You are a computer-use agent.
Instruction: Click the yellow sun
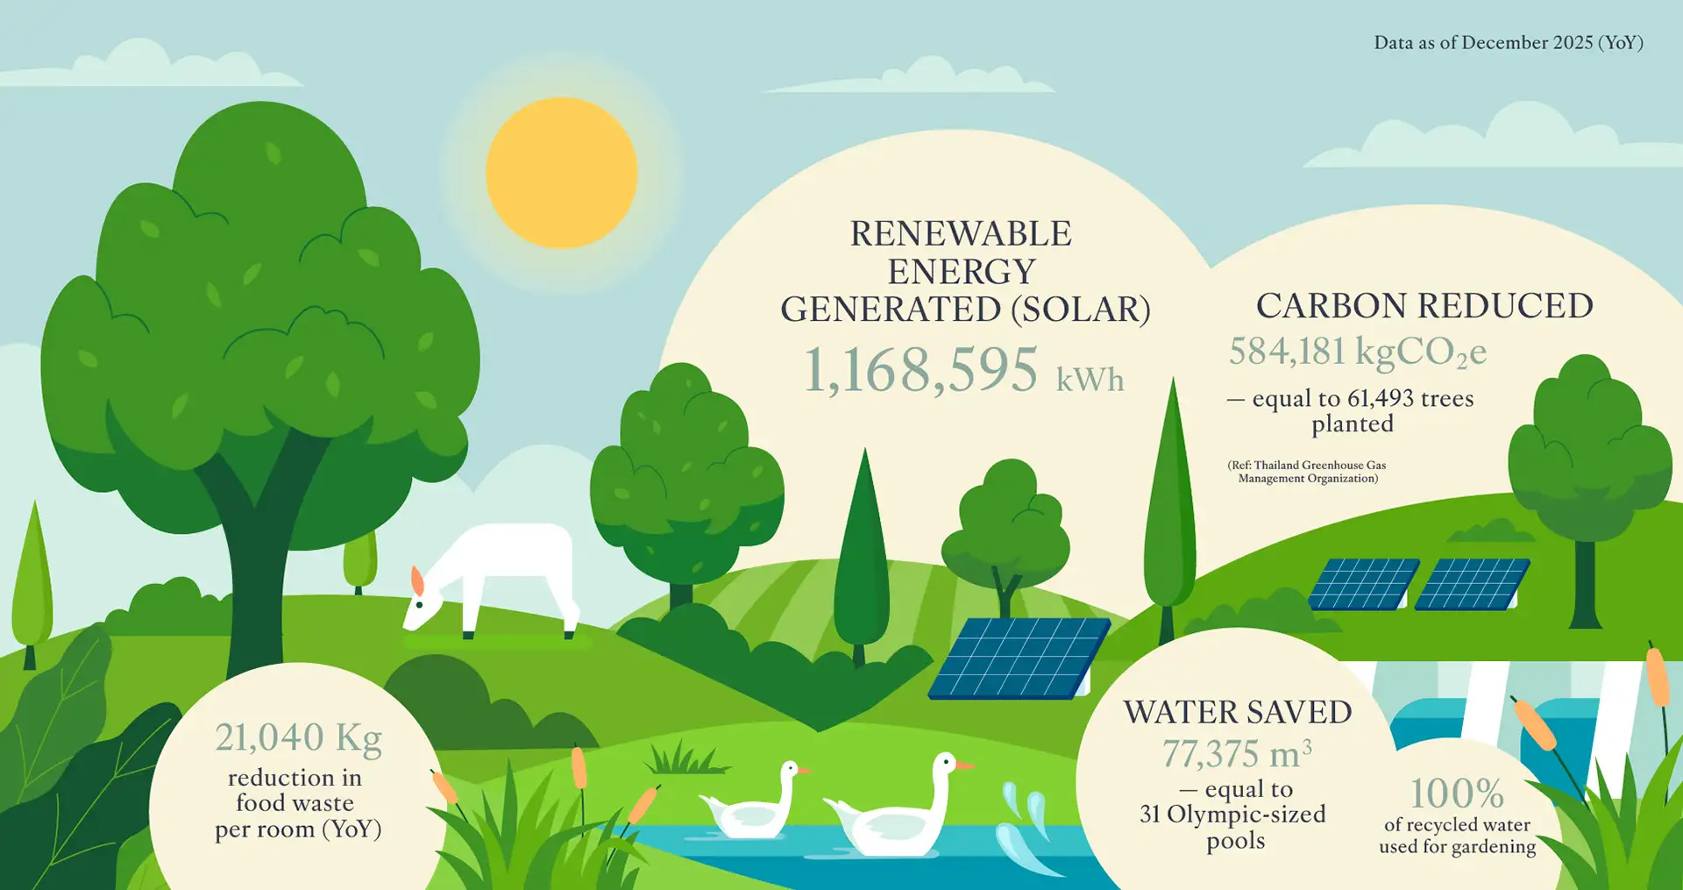(x=561, y=173)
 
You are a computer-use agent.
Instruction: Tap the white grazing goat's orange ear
(x=418, y=580)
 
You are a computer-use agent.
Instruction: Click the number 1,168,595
(x=920, y=370)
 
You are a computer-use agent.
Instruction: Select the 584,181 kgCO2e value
(x=1357, y=352)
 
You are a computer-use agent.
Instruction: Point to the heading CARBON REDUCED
(x=1424, y=306)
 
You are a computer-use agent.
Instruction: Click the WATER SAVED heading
(x=1238, y=712)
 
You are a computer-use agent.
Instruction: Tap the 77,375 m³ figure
(x=1237, y=754)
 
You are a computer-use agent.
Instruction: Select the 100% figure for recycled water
(x=1457, y=794)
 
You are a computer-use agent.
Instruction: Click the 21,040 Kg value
(x=298, y=738)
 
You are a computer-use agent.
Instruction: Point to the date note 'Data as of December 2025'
(x=1508, y=43)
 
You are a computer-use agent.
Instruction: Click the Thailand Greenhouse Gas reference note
(x=1307, y=472)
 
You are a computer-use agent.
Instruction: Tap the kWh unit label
(x=1090, y=380)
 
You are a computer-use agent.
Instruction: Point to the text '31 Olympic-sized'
(x=1232, y=815)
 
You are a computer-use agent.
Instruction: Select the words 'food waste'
(x=295, y=803)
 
